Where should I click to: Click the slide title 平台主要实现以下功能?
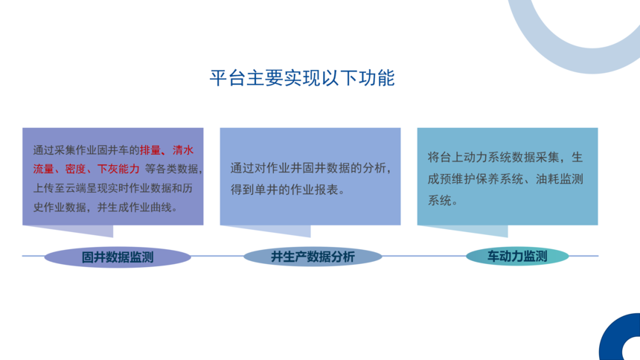[302, 77]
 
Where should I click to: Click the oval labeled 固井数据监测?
[118, 257]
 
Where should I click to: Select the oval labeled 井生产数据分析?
[313, 257]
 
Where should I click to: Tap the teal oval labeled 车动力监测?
[517, 256]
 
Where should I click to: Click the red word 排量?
[150, 150]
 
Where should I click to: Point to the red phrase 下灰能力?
[118, 169]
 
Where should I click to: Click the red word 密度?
[75, 169]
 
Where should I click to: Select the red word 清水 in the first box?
[183, 150]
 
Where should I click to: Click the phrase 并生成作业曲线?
[134, 208]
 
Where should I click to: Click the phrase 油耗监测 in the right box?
[559, 179]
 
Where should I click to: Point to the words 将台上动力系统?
[470, 157]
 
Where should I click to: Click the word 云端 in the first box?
[75, 188]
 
